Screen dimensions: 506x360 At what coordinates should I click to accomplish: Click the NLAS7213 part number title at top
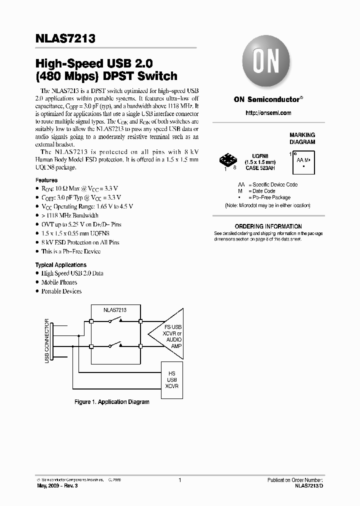[65, 38]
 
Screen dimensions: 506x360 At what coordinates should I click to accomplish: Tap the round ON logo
[267, 62]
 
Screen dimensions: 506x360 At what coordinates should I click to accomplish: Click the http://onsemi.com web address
[268, 113]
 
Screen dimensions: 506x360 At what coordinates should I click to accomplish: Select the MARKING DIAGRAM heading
[302, 138]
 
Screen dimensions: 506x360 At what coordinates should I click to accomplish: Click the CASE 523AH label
[259, 168]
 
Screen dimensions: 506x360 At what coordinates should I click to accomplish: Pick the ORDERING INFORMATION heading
[268, 226]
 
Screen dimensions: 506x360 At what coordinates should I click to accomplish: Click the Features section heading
[46, 180]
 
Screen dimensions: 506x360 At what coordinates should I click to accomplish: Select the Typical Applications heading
[60, 265]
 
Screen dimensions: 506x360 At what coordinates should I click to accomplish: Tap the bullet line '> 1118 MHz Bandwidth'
[69, 215]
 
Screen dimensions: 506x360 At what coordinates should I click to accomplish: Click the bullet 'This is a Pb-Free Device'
[70, 251]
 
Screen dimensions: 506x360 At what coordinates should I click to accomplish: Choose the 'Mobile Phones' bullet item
[59, 282]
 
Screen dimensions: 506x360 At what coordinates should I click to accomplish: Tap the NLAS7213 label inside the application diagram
[114, 310]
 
